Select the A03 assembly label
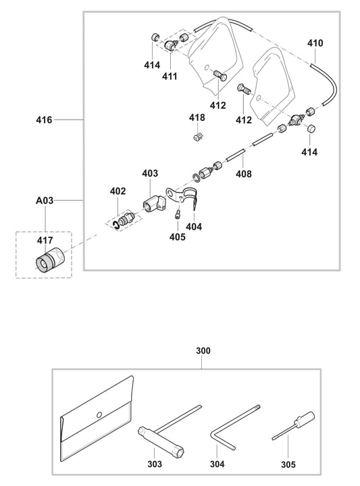(45, 201)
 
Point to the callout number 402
(118, 192)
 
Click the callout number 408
(243, 174)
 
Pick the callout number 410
(315, 43)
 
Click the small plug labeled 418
(198, 139)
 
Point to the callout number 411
(169, 76)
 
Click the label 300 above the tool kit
(203, 351)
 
